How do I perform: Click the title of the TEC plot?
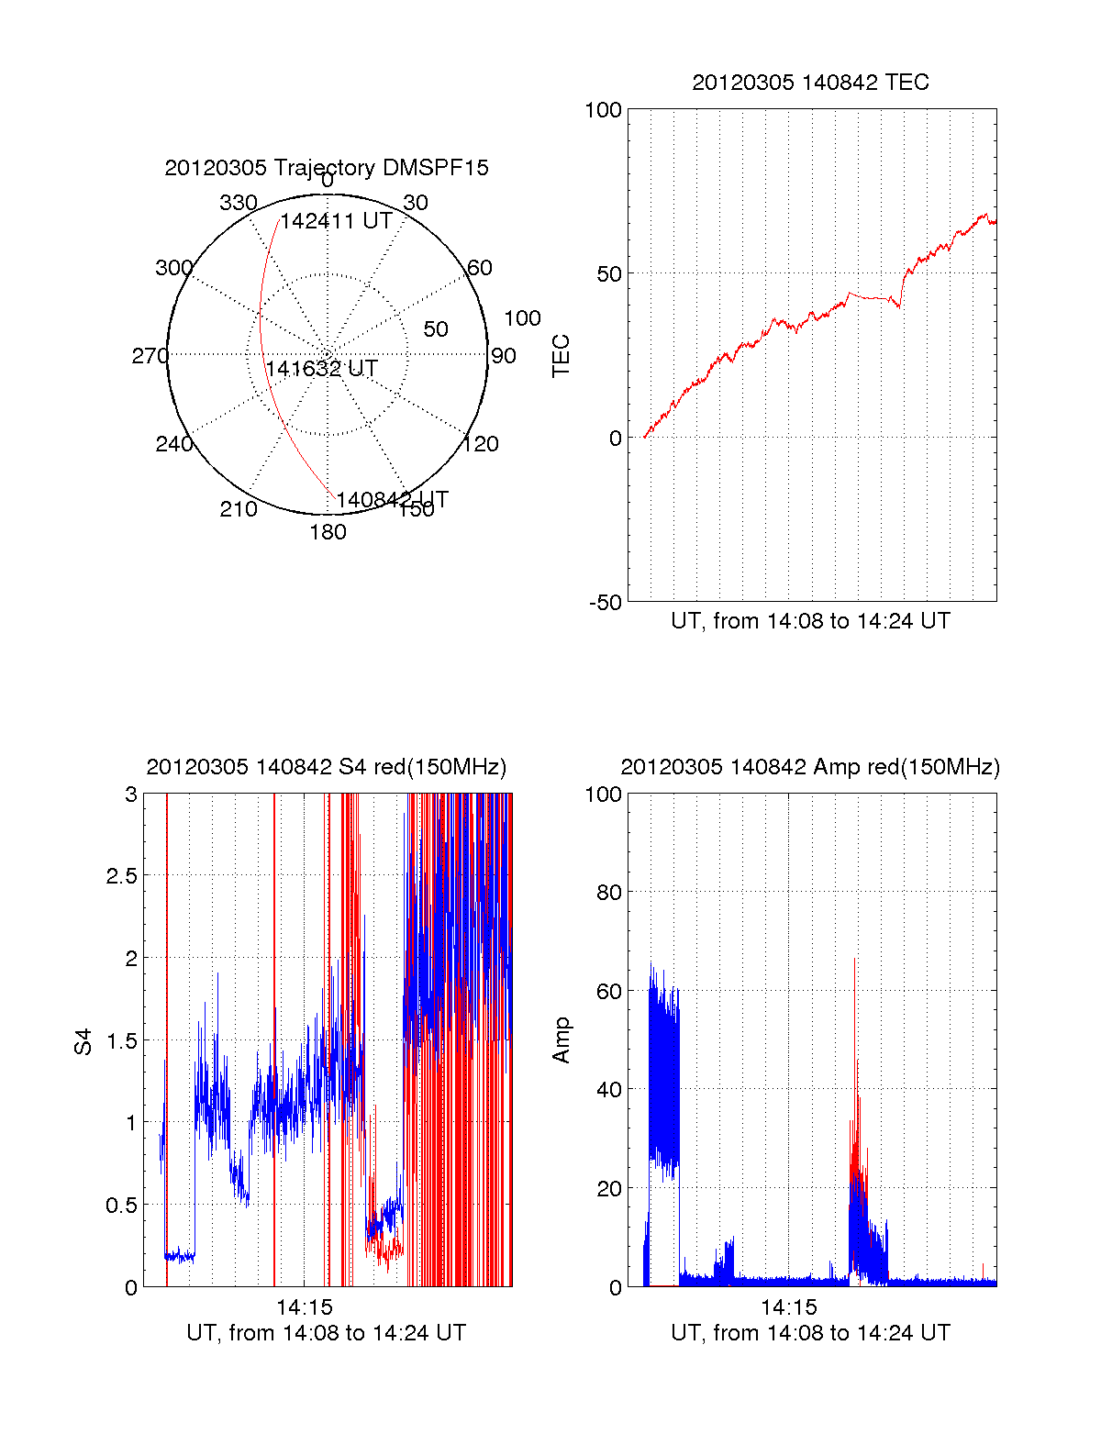[x=810, y=83]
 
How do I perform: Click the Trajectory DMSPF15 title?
[x=327, y=168]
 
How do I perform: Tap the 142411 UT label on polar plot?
[x=336, y=221]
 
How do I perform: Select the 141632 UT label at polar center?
[x=321, y=369]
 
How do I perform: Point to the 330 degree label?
[x=239, y=203]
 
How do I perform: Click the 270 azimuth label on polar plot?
[x=150, y=356]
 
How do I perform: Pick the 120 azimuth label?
[x=481, y=444]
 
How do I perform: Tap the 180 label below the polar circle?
[x=328, y=532]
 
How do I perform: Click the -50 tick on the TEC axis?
[x=605, y=603]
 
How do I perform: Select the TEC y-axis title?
[x=561, y=355]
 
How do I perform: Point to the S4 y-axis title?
[x=83, y=1041]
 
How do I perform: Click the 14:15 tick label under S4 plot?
[x=304, y=1307]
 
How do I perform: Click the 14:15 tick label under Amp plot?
[x=788, y=1307]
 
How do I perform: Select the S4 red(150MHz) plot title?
[x=326, y=767]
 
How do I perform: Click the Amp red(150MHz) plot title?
[x=810, y=767]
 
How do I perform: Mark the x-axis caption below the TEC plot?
[x=810, y=621]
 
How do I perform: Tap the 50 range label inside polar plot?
[x=436, y=329]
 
